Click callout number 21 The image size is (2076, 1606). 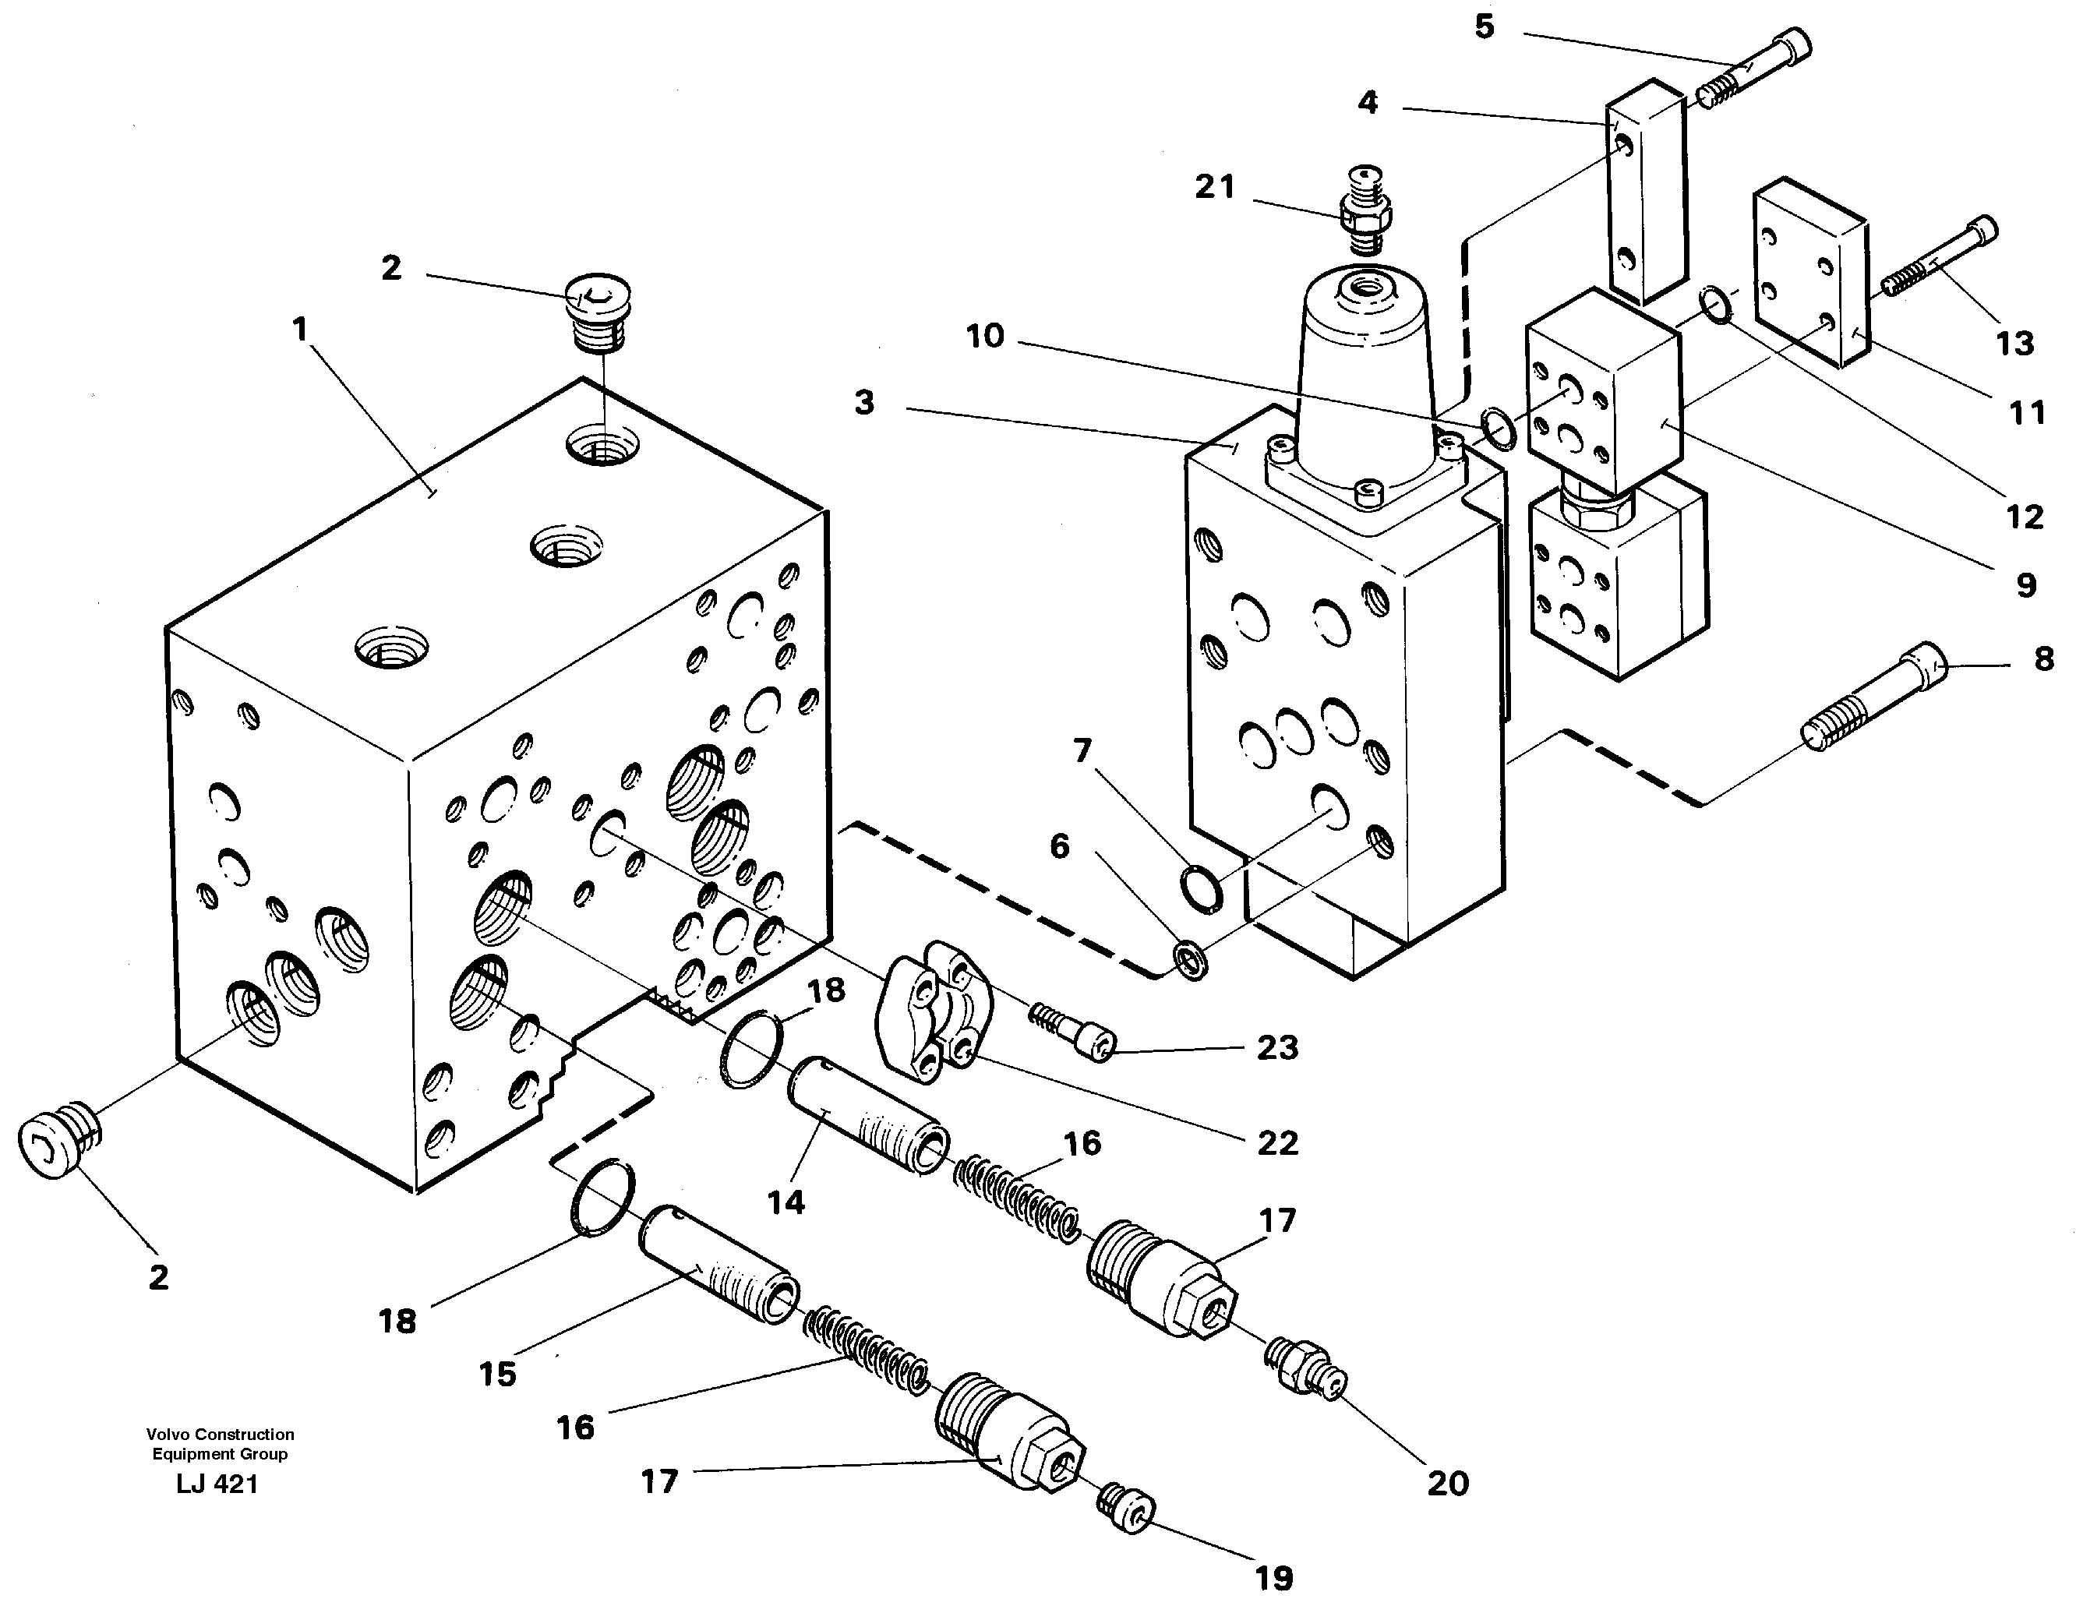[1215, 187]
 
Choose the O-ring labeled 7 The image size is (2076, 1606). [1202, 888]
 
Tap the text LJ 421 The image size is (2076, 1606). [217, 1484]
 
